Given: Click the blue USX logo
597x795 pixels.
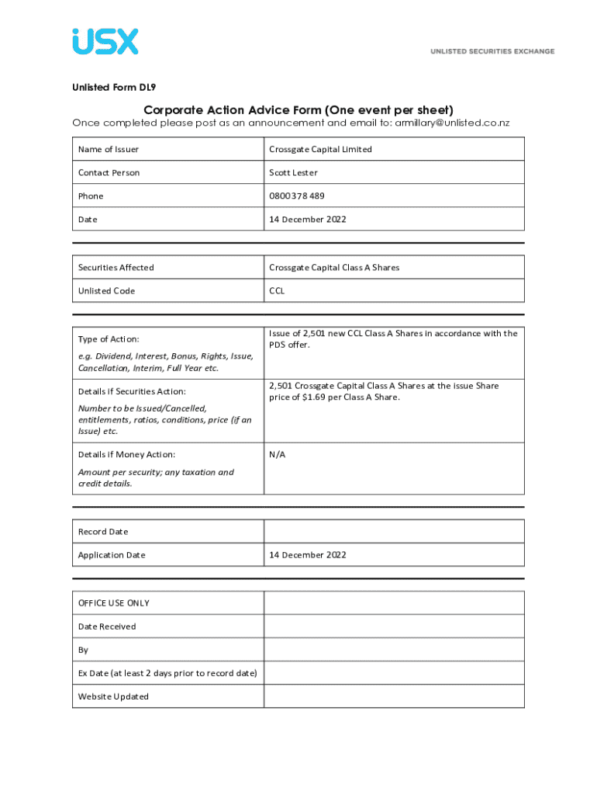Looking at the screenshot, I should tap(105, 41).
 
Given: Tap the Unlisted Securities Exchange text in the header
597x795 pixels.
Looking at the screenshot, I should tap(492, 51).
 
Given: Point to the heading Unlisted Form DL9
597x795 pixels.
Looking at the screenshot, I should tap(114, 87).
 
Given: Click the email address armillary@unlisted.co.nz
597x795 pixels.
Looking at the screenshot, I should tap(452, 123).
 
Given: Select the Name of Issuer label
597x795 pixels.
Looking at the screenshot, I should tap(109, 149).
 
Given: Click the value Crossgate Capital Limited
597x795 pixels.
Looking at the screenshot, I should tap(320, 149).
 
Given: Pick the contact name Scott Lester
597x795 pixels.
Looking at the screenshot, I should tap(293, 172).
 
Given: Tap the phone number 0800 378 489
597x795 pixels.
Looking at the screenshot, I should tap(297, 196).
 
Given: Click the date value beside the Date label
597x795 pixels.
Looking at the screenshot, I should tap(307, 219).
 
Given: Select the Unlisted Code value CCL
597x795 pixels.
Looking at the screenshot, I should tap(277, 290).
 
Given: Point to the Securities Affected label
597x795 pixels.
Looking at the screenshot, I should tap(116, 267).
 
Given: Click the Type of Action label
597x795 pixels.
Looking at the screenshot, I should tap(109, 339).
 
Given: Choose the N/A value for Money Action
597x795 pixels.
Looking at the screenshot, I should tap(277, 454).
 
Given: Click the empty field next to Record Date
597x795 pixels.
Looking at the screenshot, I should tap(394, 531).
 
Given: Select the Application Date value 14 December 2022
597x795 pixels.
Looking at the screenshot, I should tap(307, 554).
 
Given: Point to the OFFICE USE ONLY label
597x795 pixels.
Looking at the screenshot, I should tap(114, 603).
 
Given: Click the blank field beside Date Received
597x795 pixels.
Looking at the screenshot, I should tap(394, 627).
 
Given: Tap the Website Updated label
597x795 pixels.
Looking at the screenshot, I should tap(113, 696).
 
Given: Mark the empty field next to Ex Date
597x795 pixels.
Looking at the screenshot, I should tap(394, 673).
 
